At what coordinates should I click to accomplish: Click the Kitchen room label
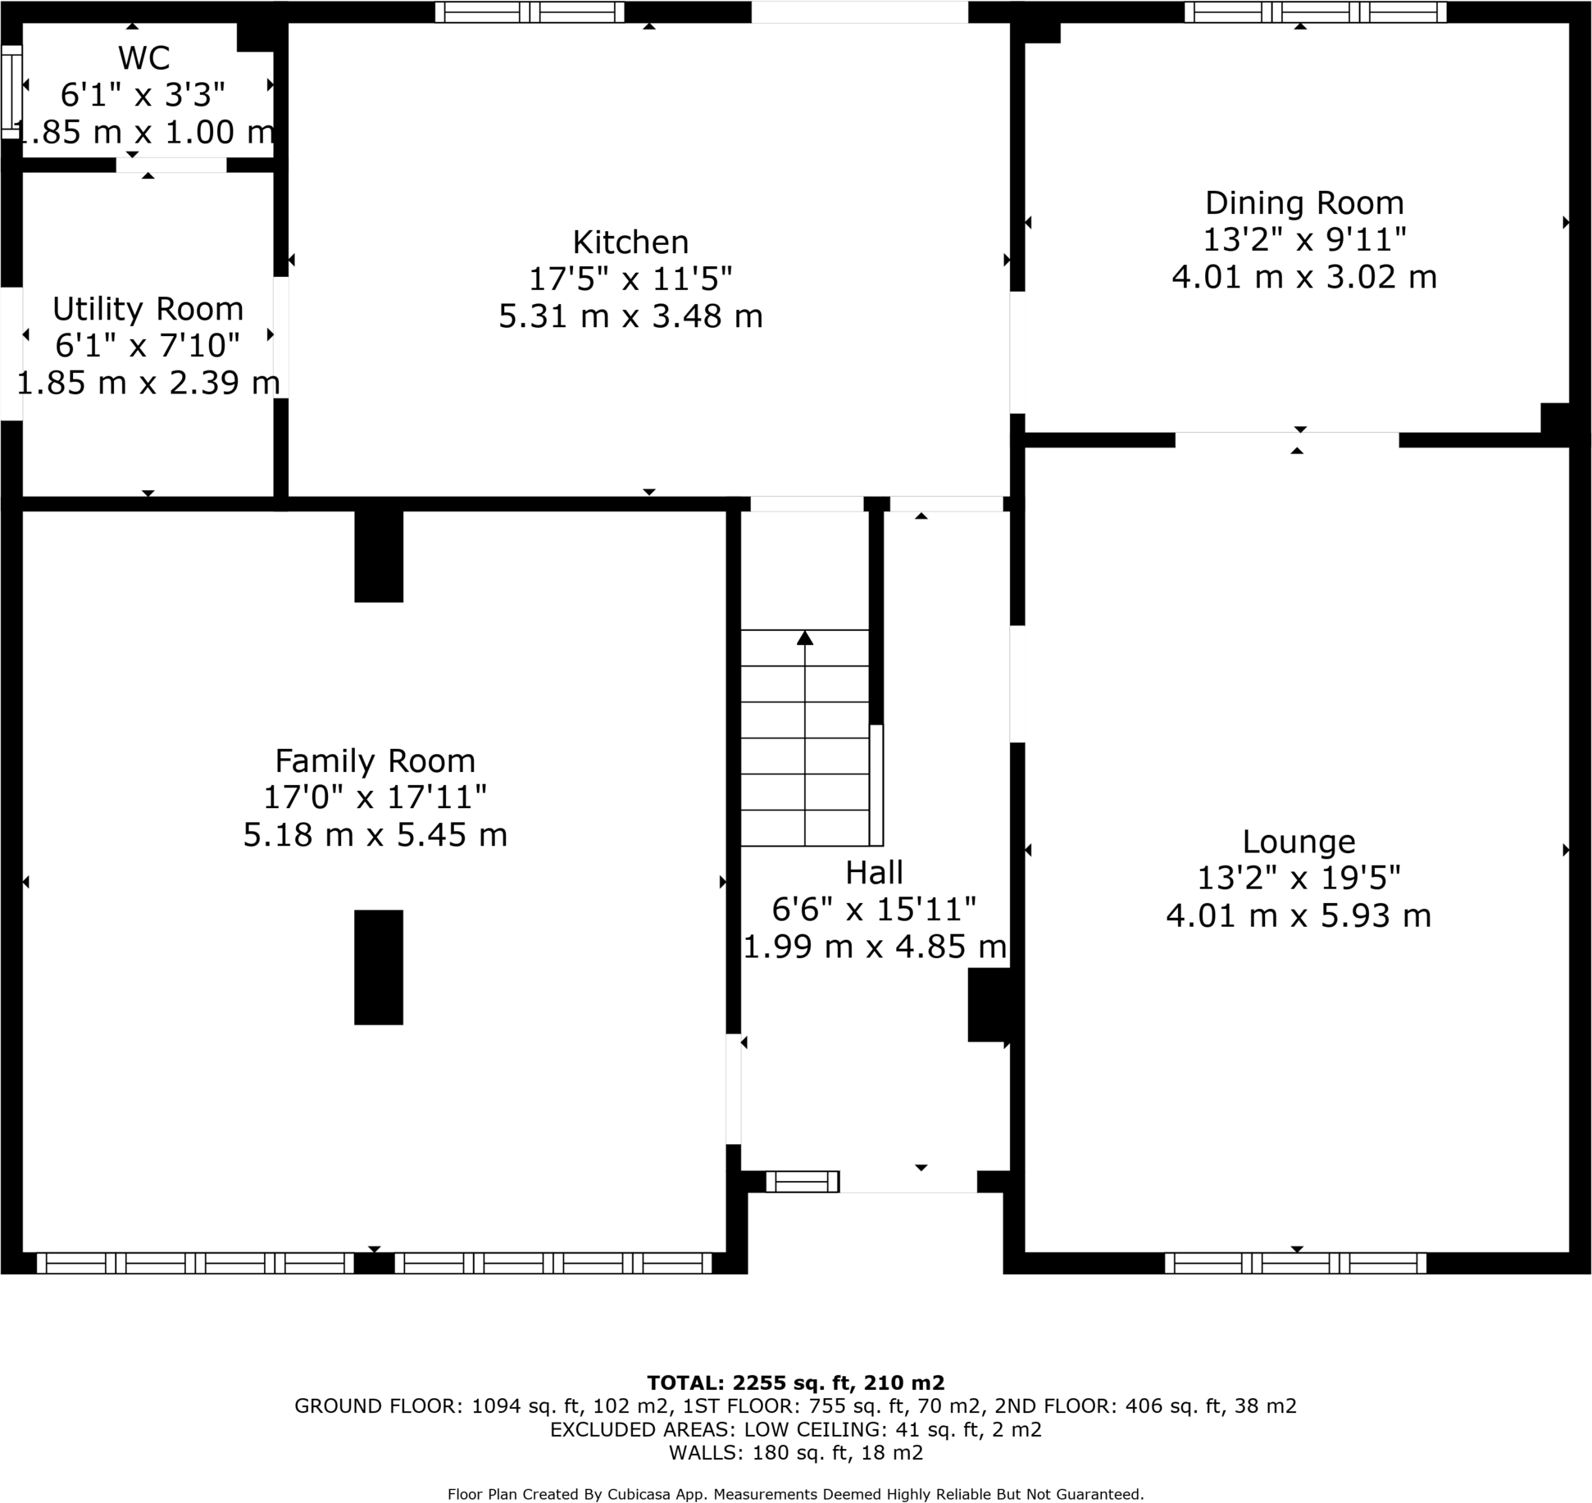tap(630, 243)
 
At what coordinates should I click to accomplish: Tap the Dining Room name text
tap(1303, 203)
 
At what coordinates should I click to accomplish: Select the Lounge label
tap(1299, 842)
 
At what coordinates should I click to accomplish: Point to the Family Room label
tap(375, 761)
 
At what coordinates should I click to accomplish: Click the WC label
tap(144, 58)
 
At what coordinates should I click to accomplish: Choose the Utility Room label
tap(148, 309)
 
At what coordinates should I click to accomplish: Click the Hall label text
tap(874, 873)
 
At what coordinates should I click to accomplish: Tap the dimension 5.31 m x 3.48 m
tap(630, 316)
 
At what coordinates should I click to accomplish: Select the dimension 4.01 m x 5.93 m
tap(1299, 915)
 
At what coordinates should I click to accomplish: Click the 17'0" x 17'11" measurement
tap(375, 797)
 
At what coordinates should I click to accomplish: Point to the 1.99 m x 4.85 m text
tap(874, 947)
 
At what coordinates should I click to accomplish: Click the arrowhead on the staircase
tap(805, 638)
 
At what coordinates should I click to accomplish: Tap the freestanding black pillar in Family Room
tap(378, 967)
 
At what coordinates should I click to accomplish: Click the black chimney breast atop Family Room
tap(378, 556)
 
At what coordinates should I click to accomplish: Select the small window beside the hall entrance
tap(802, 1181)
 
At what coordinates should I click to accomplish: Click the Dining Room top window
tap(1315, 12)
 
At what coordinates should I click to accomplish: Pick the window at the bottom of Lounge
tap(1295, 1263)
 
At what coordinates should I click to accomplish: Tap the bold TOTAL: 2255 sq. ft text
tap(794, 1383)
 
